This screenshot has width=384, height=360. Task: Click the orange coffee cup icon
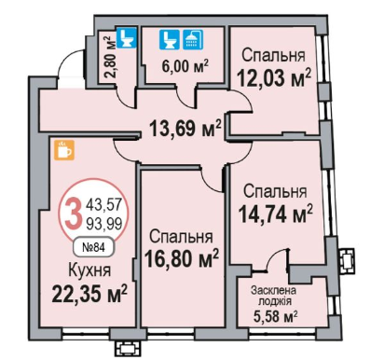point(64,150)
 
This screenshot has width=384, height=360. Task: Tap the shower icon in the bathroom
point(193,39)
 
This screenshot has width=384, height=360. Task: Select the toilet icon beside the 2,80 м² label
point(127,38)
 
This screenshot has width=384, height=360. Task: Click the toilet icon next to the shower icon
point(170,39)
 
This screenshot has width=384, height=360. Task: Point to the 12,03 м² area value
point(274,77)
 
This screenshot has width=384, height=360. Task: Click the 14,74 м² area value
point(275,215)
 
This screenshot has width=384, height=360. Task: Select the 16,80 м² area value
point(182,258)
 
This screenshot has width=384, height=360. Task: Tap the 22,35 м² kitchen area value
point(89,294)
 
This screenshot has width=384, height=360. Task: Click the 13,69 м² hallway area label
point(185,129)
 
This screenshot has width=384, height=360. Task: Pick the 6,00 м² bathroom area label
point(185,66)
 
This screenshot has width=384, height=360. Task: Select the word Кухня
point(89,270)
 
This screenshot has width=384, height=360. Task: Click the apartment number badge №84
point(93,247)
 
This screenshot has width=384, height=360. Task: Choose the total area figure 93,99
point(103,223)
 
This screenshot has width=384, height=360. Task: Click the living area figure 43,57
point(103,204)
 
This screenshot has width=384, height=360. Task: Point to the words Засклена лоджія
point(273,296)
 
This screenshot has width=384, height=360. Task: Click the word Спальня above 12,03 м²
point(273,55)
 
